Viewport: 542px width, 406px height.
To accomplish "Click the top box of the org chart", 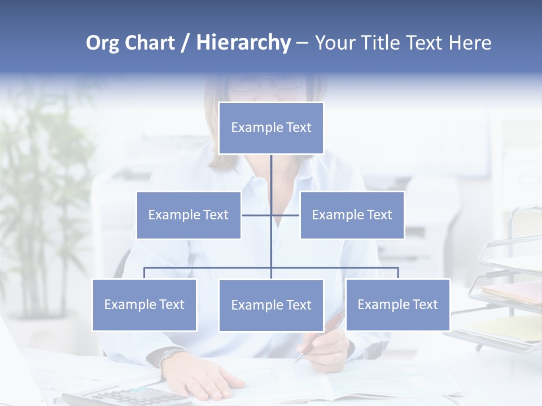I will tap(271, 128).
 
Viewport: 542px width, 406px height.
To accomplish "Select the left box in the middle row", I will tap(189, 215).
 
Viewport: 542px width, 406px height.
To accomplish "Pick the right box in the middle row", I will tap(352, 215).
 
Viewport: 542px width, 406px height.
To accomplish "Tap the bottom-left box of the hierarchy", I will tap(145, 304).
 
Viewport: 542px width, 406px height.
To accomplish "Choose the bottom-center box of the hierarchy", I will tap(271, 305).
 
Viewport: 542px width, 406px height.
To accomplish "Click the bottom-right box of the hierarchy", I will tap(397, 304).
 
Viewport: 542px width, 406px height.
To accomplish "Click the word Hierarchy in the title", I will tap(243, 43).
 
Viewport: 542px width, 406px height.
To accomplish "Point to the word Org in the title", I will tap(103, 43).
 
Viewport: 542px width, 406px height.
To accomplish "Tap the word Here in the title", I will tap(470, 43).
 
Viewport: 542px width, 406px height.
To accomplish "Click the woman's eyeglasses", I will tap(265, 83).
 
